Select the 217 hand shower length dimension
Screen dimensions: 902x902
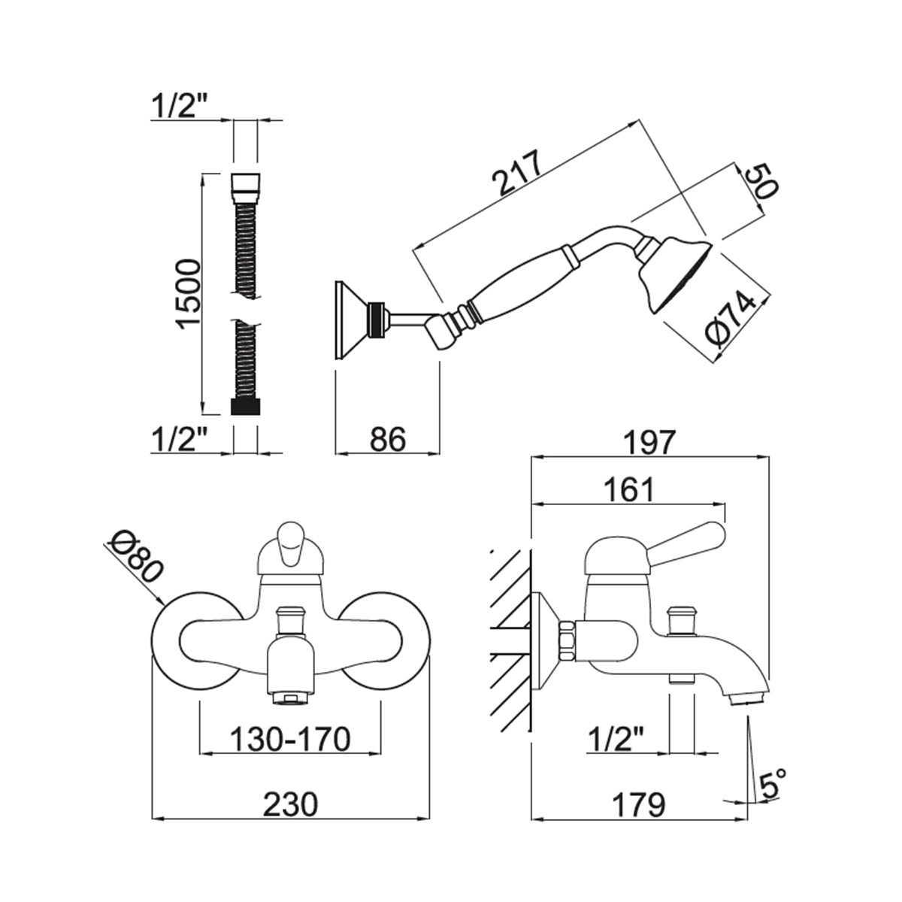519,175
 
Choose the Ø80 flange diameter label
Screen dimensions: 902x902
136,557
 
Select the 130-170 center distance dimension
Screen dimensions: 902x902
290,740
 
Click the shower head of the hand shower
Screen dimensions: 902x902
680,272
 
